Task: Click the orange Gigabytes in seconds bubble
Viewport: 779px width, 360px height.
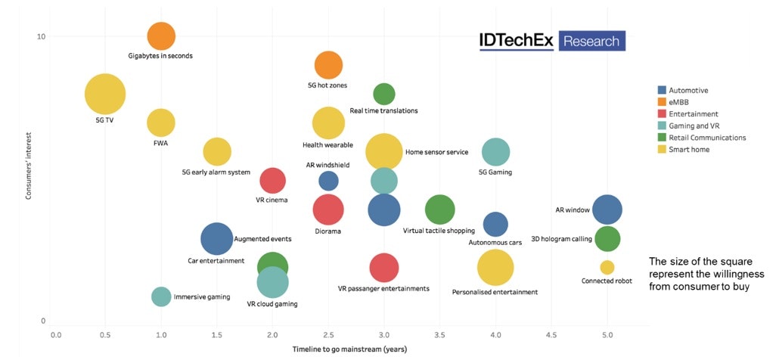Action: (160, 36)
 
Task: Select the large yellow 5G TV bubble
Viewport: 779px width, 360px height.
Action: (105, 95)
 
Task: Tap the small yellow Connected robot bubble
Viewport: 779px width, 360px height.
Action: (607, 267)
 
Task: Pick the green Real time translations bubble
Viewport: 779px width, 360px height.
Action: (384, 94)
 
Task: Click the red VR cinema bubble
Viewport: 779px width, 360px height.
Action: (272, 181)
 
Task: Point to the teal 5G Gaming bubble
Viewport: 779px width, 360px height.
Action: (495, 152)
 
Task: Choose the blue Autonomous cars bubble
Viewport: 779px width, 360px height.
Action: (495, 224)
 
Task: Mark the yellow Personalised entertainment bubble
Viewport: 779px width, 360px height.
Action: (495, 267)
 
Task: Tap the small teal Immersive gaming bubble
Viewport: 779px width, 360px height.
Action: (161, 296)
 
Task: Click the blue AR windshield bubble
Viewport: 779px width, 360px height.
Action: (328, 181)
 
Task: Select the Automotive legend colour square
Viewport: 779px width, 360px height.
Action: (663, 90)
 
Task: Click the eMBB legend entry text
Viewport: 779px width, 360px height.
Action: (679, 102)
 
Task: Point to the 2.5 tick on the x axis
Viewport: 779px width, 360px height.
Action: (328, 334)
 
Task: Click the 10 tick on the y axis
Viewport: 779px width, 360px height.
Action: (42, 37)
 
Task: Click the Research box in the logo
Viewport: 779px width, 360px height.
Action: (591, 41)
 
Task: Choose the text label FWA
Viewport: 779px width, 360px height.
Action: (161, 142)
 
